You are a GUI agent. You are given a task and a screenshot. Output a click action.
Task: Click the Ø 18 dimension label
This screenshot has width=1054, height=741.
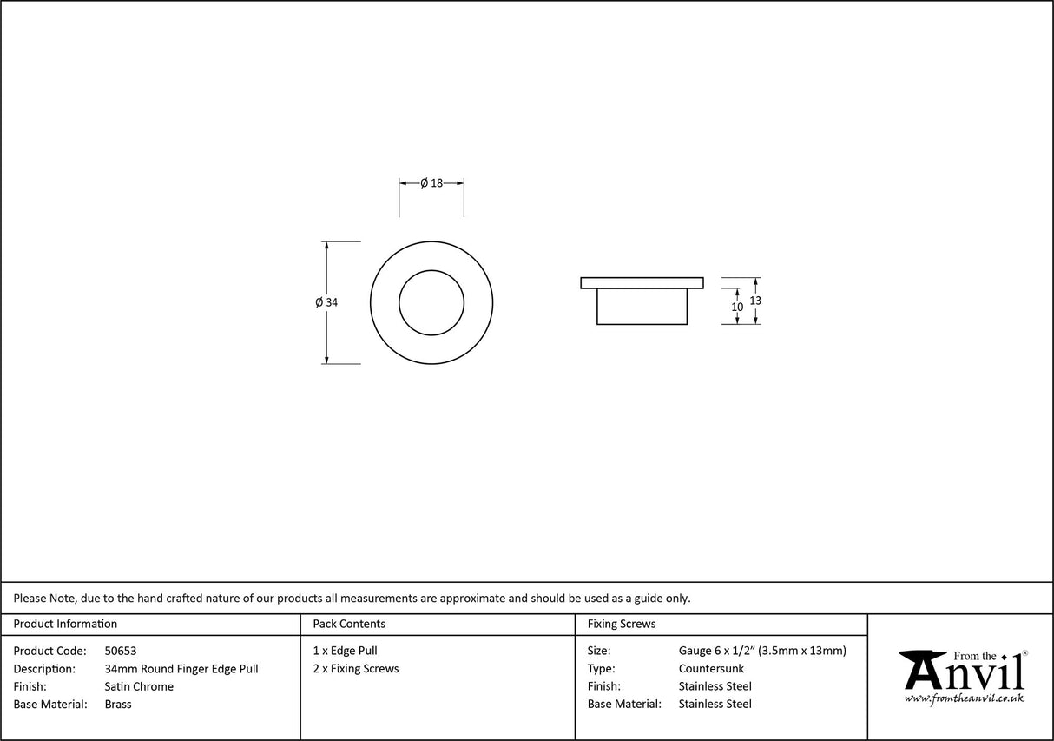click(431, 182)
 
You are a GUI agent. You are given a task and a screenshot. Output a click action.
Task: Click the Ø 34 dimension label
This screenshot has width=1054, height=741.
click(326, 302)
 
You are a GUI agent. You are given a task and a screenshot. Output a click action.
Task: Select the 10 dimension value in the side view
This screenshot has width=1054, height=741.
click(737, 307)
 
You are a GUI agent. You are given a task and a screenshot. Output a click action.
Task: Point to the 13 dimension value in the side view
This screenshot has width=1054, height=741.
click(755, 300)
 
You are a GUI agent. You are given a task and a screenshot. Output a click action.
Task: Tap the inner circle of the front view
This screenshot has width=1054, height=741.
click(431, 302)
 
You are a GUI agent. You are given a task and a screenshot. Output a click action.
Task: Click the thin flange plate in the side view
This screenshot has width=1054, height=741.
click(642, 282)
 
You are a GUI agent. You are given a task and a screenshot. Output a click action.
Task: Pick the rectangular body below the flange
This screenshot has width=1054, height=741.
click(642, 307)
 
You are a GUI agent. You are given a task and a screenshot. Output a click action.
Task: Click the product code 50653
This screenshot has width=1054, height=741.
click(120, 651)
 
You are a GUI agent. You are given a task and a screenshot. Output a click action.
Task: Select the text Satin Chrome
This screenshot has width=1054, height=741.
click(139, 686)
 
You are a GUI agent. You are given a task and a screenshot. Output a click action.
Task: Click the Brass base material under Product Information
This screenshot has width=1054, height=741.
click(118, 705)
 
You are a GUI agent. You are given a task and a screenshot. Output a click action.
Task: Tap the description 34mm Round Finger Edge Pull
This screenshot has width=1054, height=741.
click(181, 669)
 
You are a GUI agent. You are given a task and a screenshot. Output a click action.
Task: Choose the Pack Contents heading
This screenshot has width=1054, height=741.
click(349, 624)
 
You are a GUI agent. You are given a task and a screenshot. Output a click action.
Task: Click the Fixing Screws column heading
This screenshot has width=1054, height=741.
click(622, 624)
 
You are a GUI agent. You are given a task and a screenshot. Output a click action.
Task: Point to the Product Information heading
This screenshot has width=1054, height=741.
click(65, 624)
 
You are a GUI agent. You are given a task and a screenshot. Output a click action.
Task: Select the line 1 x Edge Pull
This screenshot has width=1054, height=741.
click(345, 651)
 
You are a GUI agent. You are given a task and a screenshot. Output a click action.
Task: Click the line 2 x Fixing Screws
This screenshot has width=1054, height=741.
click(356, 669)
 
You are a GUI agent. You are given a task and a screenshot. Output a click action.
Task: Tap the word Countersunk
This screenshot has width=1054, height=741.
click(711, 669)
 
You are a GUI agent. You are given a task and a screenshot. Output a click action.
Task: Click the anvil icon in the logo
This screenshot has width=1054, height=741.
click(922, 670)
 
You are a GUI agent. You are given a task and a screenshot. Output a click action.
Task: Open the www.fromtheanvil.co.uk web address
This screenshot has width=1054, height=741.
click(964, 698)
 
